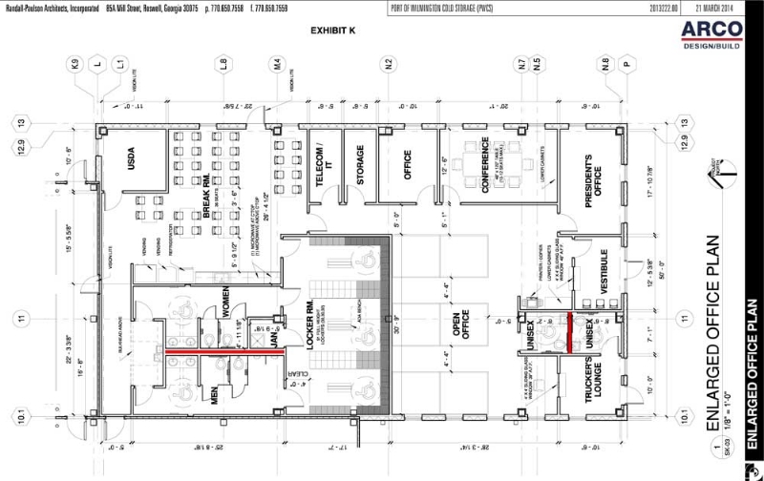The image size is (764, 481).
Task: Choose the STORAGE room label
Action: [360, 165]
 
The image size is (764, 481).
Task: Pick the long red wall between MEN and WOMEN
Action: [227, 352]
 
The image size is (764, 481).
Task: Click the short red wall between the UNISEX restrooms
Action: [571, 327]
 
